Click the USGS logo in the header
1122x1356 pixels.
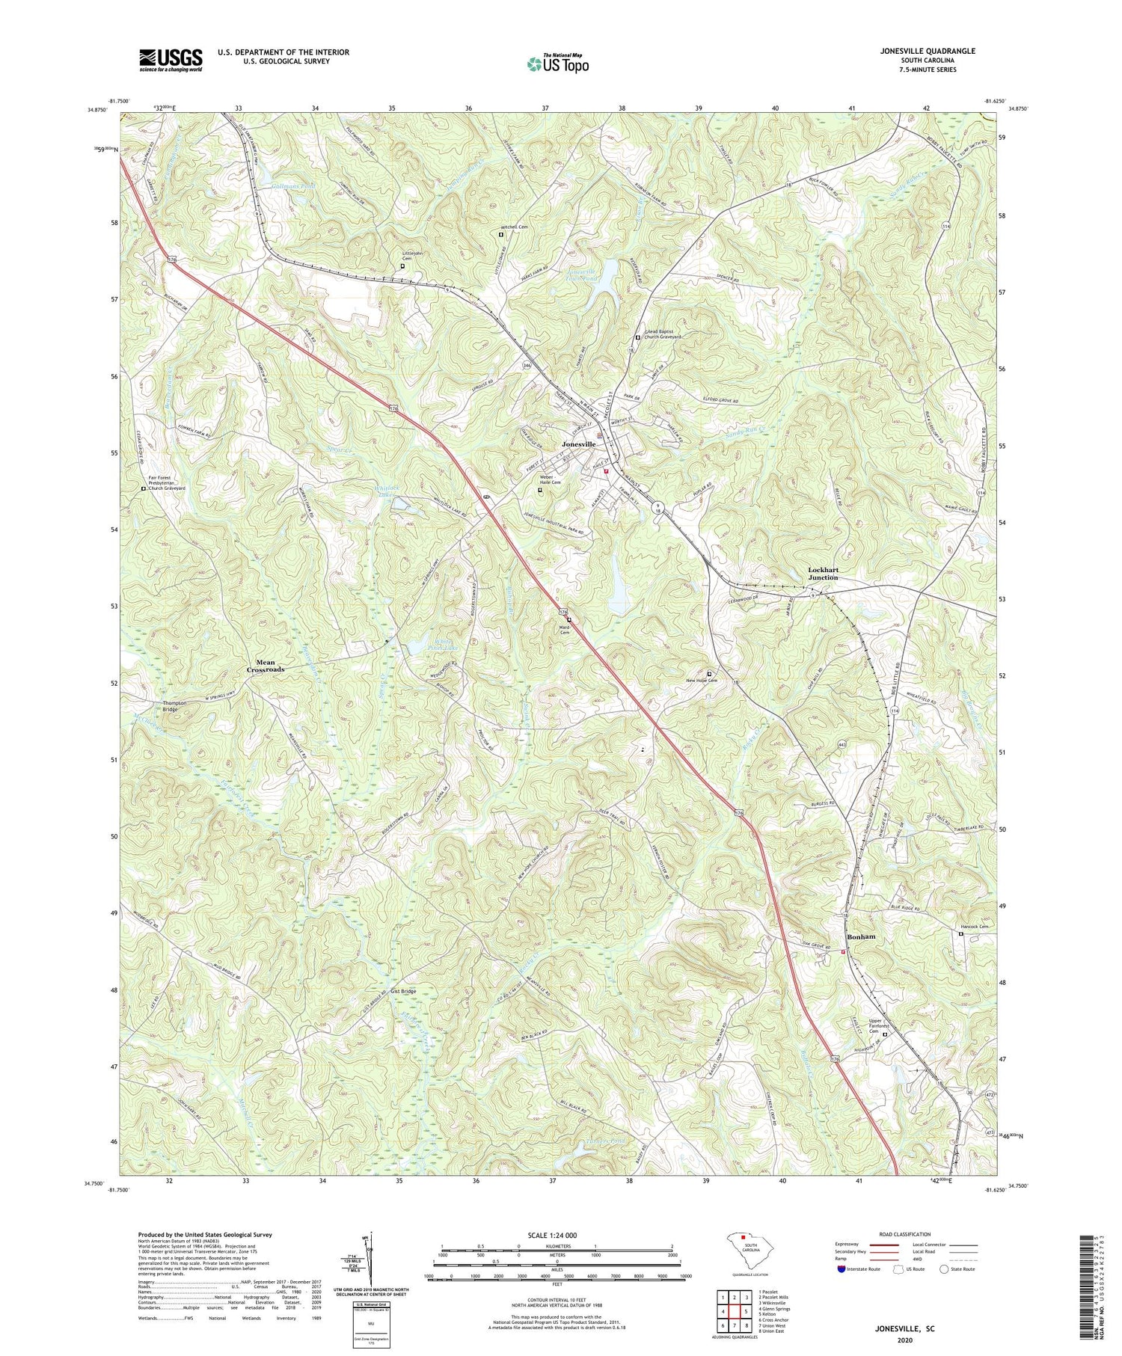tap(171, 60)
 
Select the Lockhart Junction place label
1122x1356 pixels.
tap(823, 574)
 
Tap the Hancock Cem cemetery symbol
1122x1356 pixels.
tap(961, 933)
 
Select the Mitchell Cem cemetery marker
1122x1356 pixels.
tap(501, 235)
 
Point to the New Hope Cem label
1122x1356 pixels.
tap(702, 680)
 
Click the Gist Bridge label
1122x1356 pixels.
tap(403, 992)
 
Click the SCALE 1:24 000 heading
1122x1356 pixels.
tap(557, 1235)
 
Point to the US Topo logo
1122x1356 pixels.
tap(557, 64)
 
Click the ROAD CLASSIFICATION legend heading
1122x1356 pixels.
tap(909, 1234)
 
